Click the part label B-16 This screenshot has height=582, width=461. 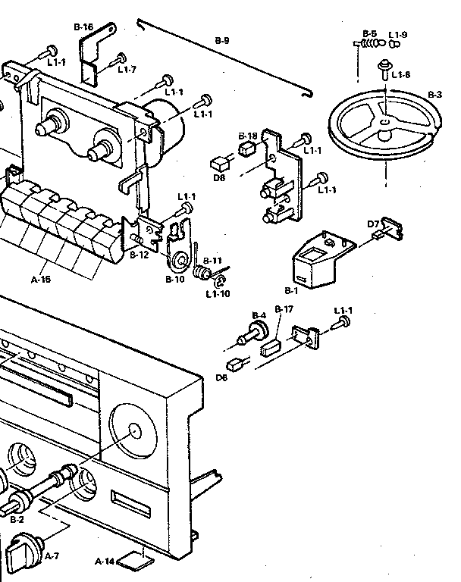coord(83,27)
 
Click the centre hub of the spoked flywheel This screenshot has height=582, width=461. coord(386,120)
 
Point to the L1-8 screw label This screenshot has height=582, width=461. coord(401,75)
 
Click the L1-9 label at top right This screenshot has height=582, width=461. coord(398,34)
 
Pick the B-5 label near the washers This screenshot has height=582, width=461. coord(369,34)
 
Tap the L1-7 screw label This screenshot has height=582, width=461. coord(127,70)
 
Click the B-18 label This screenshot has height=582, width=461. coord(248,136)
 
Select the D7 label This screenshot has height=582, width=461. coord(373,224)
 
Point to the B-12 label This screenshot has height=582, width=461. coord(139,255)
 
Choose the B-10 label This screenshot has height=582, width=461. coord(175,280)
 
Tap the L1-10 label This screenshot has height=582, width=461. coord(218,293)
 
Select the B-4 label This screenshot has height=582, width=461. coord(259,315)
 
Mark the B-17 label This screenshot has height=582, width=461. coord(284,309)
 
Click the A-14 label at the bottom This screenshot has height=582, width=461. coord(105,562)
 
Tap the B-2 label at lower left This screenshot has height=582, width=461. coord(17,520)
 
